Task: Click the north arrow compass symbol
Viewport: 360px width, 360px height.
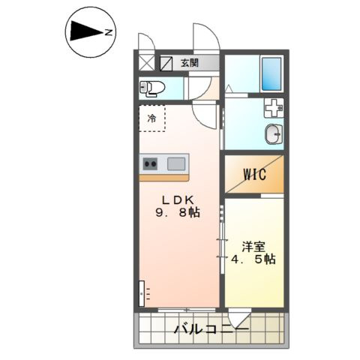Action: click(x=91, y=32)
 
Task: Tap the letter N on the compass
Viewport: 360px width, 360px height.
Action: click(x=108, y=32)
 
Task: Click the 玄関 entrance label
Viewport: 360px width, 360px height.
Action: click(x=190, y=63)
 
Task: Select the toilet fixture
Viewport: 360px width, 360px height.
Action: click(x=152, y=88)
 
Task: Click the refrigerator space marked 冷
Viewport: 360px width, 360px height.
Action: click(x=151, y=118)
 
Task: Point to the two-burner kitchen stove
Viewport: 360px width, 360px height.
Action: click(x=150, y=164)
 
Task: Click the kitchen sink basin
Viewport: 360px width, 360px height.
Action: click(x=176, y=164)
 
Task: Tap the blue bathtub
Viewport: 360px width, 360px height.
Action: click(x=271, y=73)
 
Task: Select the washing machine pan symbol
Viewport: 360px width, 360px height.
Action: click(x=274, y=108)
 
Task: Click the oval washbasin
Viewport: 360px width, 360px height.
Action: click(x=274, y=134)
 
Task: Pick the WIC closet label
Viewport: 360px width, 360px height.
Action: click(x=255, y=174)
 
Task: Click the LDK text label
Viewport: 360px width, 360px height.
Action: click(x=178, y=200)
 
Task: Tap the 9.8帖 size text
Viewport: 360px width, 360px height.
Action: click(x=178, y=213)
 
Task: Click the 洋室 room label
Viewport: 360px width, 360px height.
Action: click(x=253, y=247)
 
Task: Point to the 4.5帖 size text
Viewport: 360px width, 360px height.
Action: click(x=253, y=259)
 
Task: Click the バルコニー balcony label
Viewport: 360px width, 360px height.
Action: click(x=211, y=330)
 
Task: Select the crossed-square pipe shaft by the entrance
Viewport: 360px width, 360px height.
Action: click(x=147, y=62)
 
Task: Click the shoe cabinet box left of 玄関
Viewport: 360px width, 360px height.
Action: click(x=166, y=64)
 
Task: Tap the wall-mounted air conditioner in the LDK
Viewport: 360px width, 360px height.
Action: click(x=142, y=293)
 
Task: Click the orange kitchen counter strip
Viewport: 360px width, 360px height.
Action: click(x=164, y=178)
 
